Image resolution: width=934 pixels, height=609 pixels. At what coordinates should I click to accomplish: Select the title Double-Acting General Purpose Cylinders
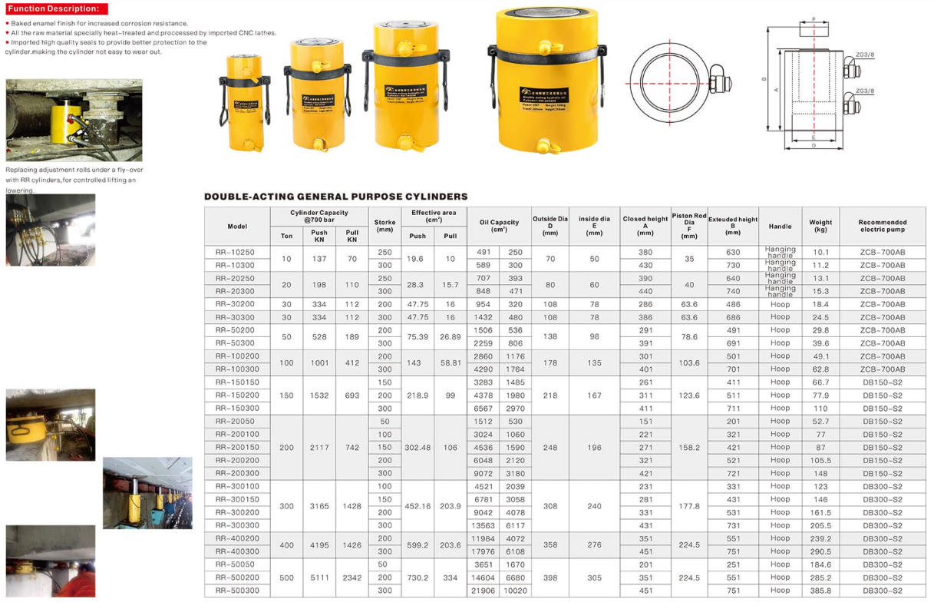coord(335,197)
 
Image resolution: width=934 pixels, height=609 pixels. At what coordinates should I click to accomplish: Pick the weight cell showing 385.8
coord(820,591)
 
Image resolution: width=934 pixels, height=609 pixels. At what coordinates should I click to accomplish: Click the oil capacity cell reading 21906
coord(484,591)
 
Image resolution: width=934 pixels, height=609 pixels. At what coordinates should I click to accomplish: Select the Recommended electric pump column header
coord(882,226)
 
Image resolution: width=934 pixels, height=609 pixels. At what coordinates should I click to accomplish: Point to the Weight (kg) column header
coord(820,226)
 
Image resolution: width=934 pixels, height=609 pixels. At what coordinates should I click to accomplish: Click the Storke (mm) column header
coord(384,226)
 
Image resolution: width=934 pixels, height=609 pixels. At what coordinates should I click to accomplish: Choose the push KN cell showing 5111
coord(319,578)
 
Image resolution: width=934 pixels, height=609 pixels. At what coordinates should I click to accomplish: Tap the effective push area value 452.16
coord(417,506)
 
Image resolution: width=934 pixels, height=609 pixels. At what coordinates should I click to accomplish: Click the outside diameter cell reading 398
coord(550,578)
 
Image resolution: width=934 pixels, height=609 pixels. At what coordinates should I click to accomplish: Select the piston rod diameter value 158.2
coord(689,447)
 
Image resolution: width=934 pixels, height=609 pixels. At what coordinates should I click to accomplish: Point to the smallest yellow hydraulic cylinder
coord(245,103)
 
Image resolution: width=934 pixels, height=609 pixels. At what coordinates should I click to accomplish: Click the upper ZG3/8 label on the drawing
coord(865,55)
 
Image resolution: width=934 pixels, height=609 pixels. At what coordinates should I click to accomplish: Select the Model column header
coord(237,227)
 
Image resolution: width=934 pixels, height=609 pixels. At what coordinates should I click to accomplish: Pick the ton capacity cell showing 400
coord(286,545)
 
